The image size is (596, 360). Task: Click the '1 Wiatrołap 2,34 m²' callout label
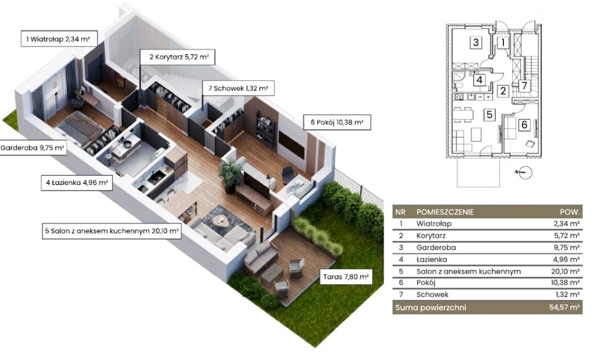coord(59,38)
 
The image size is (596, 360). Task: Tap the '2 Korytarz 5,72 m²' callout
coord(177,57)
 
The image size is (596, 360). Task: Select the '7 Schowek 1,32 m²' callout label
coord(238,88)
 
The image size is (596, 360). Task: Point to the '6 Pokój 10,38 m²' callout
coord(336,122)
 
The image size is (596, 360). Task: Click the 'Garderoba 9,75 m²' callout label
coord(33,148)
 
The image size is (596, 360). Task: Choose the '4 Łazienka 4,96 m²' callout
coord(77,182)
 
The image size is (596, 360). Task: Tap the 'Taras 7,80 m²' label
coord(346,277)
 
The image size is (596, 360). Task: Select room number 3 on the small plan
coord(476,42)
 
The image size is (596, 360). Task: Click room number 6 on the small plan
coord(524,124)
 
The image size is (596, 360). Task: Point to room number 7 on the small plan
coord(524,86)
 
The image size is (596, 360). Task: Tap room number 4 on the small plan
coord(479,80)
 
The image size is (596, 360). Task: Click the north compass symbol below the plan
coord(525,173)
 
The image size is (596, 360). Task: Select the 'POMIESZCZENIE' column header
coord(445,212)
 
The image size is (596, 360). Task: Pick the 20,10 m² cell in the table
coord(565,271)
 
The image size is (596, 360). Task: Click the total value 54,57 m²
coord(564,307)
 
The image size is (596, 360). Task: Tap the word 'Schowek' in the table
coord(432,295)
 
